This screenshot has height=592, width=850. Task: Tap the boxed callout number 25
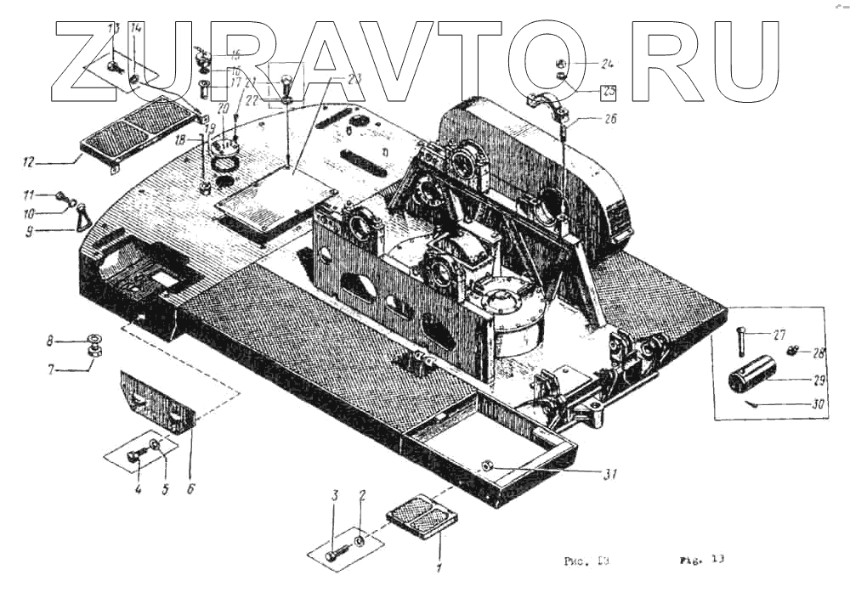pos(608,92)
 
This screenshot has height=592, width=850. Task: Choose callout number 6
pos(191,489)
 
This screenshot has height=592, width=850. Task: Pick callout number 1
pos(439,567)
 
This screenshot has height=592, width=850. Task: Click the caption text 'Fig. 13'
pos(701,560)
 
